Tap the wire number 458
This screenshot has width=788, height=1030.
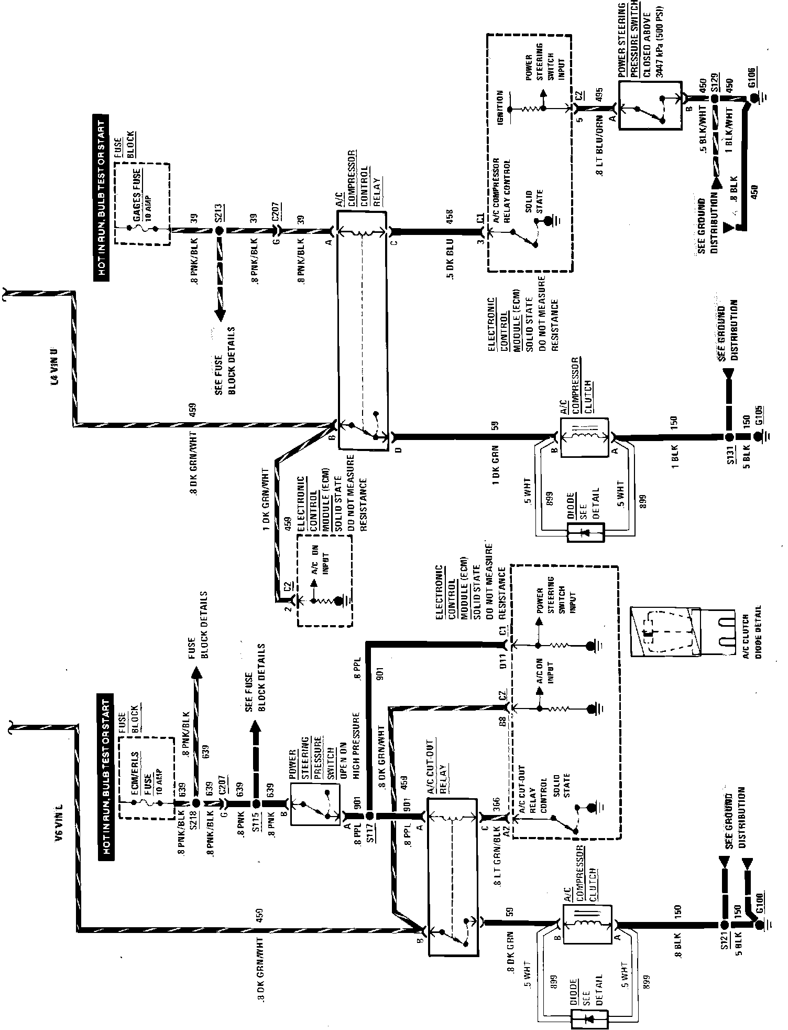450,215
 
